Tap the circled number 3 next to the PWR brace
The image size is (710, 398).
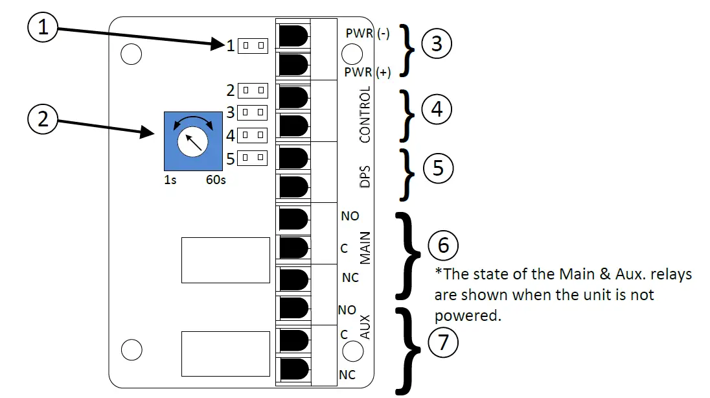(437, 45)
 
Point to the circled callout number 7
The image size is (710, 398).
(443, 341)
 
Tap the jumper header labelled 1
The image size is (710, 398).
(253, 45)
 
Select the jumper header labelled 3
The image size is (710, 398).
(253, 113)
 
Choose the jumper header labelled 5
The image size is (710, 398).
(253, 157)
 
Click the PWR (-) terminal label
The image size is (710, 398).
(367, 34)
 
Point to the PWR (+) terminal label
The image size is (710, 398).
(367, 73)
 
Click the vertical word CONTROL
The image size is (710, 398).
(365, 114)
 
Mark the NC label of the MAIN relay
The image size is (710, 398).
(350, 279)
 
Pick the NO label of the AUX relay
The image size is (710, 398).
(347, 310)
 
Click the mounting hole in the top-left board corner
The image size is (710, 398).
(132, 55)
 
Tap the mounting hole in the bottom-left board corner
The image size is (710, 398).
(132, 349)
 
